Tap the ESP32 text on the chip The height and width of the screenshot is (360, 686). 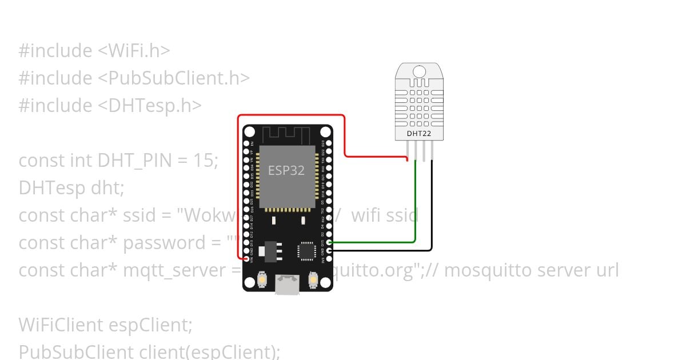click(x=286, y=170)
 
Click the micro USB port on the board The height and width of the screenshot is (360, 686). click(x=287, y=284)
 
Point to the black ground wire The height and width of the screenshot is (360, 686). click(x=432, y=217)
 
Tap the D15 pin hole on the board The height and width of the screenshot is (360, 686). click(x=329, y=243)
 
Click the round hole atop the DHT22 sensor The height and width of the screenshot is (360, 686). click(x=419, y=71)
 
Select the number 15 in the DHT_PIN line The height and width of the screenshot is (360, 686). click(x=205, y=161)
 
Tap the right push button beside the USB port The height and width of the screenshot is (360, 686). click(x=313, y=279)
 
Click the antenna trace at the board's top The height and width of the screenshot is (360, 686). click(x=286, y=135)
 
